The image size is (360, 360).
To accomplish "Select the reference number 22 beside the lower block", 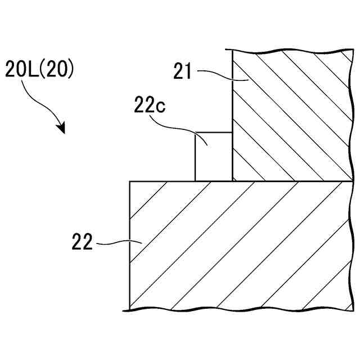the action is (82, 243).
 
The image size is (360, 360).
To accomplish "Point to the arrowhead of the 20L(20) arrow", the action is (62, 129).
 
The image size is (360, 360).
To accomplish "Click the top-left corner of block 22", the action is (130, 181).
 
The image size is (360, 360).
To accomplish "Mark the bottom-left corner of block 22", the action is (130, 308).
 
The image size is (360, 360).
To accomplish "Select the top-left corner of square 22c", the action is (195, 133).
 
